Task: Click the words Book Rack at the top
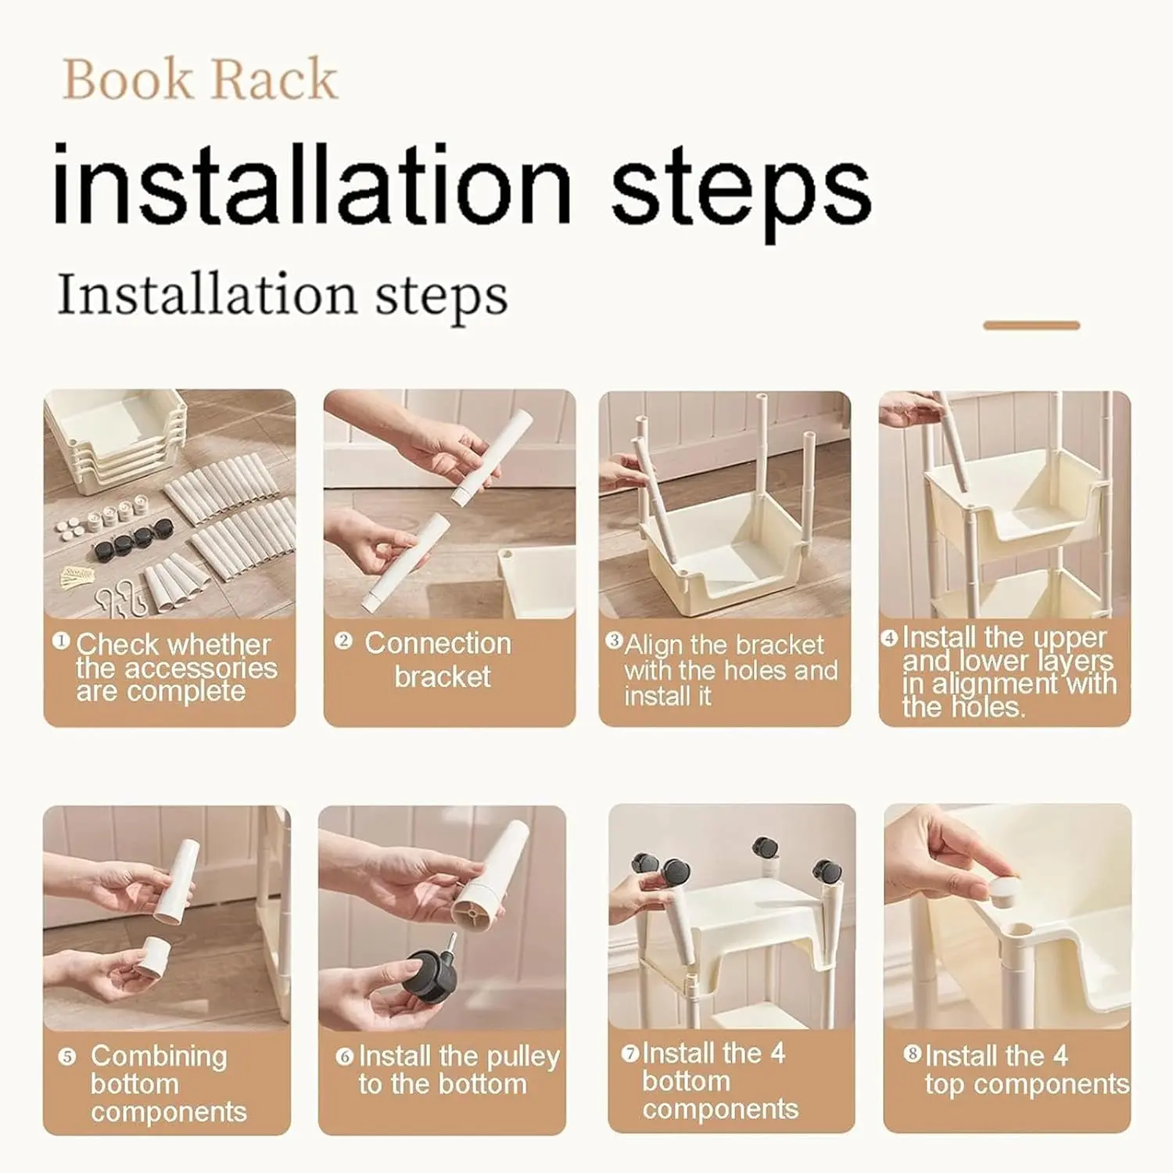(x=199, y=79)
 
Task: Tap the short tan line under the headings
(x=1031, y=325)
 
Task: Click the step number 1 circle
(x=61, y=640)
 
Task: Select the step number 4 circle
(x=890, y=638)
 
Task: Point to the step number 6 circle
(x=345, y=1056)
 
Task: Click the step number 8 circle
(x=913, y=1053)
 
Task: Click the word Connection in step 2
(x=438, y=643)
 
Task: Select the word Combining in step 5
(x=159, y=1056)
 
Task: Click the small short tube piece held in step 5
(x=152, y=955)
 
